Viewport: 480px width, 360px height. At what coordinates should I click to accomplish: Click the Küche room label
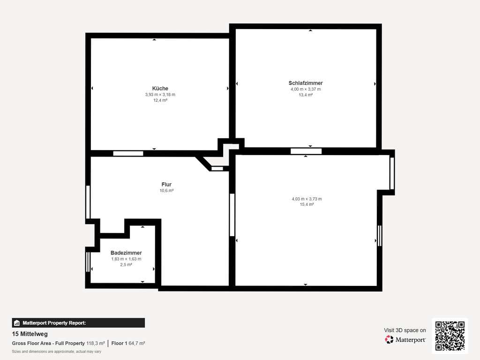coord(160,89)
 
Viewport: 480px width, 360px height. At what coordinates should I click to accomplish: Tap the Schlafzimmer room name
coord(306,83)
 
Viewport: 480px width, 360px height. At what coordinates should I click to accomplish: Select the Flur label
coord(166,184)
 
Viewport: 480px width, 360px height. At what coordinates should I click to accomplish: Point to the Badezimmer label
coord(126,253)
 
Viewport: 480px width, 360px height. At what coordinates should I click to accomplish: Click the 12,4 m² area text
coord(160,100)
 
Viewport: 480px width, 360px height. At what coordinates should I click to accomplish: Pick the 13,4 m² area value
coord(306,95)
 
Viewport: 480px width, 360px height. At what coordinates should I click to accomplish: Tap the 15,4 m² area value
coord(307,204)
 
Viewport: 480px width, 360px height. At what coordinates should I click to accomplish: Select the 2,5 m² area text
coord(126,264)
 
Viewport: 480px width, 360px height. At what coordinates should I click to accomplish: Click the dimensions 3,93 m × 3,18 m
coord(160,95)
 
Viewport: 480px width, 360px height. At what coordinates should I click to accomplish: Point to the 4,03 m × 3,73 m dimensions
coord(307,199)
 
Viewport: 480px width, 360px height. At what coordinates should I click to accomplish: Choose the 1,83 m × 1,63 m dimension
coord(126,259)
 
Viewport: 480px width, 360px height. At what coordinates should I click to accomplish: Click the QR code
coord(450,336)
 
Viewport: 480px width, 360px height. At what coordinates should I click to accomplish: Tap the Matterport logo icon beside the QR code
coord(389,339)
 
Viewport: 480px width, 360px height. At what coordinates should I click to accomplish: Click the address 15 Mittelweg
coord(30,334)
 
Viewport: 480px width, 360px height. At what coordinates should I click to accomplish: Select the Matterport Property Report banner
coord(78,323)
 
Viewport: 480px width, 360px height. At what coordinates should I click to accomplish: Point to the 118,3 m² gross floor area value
coord(96,344)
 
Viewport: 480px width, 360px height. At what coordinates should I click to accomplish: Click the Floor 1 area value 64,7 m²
coord(137,344)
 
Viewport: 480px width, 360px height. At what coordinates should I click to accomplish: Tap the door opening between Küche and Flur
coord(128,153)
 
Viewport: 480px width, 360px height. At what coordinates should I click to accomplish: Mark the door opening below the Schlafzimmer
coord(306,151)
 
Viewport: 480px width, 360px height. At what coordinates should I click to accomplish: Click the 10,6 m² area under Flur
coord(166,191)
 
